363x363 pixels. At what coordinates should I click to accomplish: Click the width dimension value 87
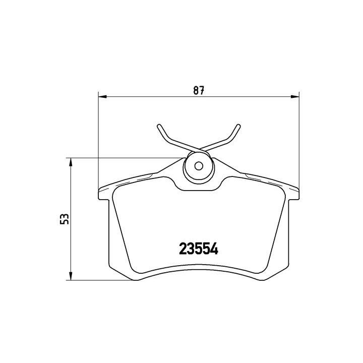tap(199, 91)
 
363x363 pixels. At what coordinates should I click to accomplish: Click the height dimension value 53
tap(64, 219)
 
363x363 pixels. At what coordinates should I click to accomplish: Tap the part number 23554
tap(199, 249)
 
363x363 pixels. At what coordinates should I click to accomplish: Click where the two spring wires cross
tap(199, 149)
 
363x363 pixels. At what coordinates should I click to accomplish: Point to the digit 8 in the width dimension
tap(196, 91)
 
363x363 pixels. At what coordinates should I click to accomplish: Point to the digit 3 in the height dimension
tap(64, 216)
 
